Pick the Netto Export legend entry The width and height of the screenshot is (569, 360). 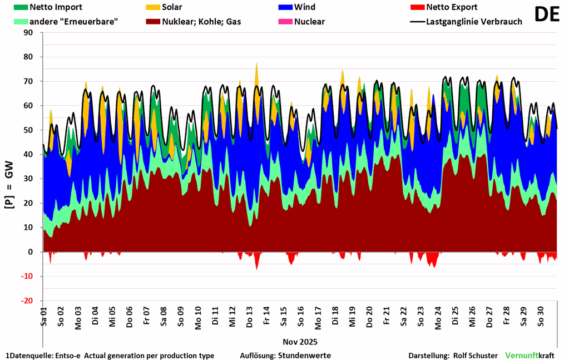tap(451, 8)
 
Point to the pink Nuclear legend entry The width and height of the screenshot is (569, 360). tap(309, 22)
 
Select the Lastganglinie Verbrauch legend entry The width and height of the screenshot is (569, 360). tap(473, 22)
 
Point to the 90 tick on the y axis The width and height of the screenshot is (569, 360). tap(28, 33)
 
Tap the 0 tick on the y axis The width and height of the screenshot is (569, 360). tap(31, 252)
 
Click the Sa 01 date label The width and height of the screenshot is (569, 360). tap(44, 315)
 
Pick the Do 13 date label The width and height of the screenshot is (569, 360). tap(250, 315)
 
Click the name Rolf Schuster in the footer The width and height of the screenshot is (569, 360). tap(476, 356)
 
